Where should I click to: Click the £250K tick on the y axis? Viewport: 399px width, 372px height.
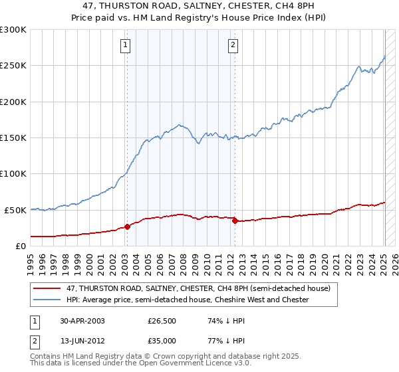13,66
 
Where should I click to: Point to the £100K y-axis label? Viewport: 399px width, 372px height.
13,173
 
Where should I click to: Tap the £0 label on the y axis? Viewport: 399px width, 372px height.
21,246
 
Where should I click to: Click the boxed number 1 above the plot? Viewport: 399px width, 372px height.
126,45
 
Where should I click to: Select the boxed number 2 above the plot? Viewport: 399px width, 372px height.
233,45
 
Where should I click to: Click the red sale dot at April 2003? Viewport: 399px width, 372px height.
127,227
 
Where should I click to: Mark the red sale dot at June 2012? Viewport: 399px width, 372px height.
234,221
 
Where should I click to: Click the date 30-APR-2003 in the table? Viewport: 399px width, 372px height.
82,321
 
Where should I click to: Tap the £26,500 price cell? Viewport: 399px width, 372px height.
162,321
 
